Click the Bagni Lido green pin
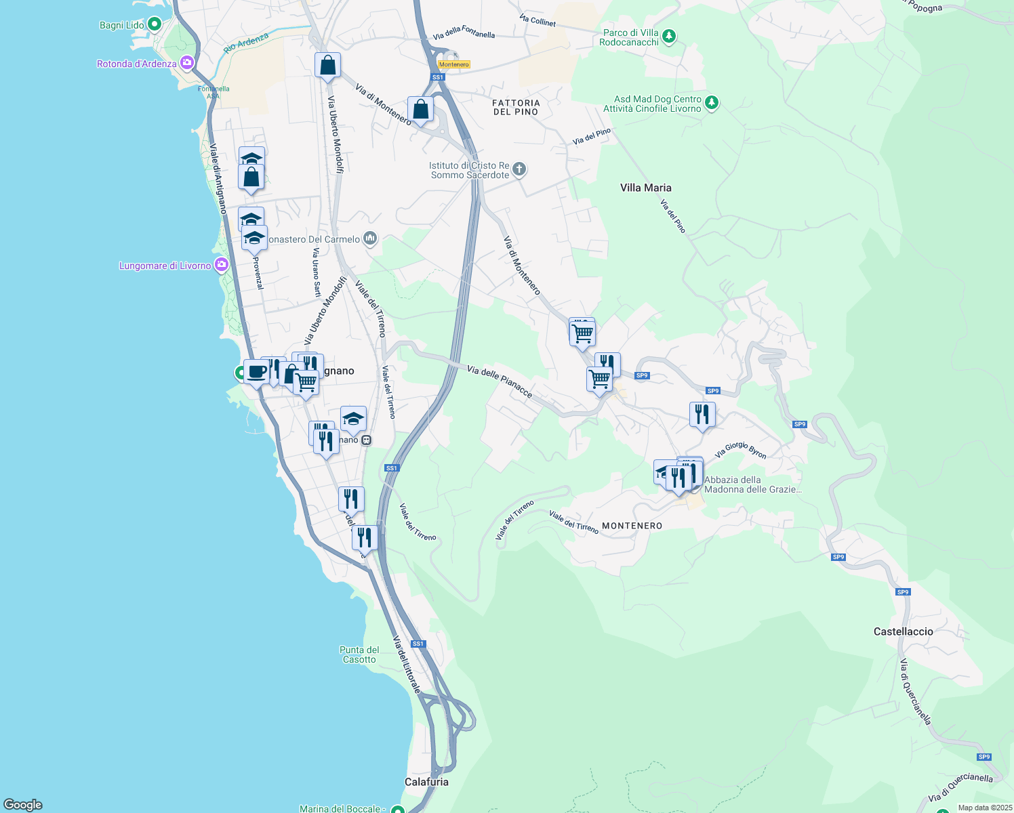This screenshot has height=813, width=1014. (154, 25)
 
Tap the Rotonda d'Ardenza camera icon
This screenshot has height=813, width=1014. (186, 64)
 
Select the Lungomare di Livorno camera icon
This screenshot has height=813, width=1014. (221, 265)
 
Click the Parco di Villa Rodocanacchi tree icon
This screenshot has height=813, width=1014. (669, 35)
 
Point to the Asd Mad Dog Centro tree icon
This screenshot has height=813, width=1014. (711, 102)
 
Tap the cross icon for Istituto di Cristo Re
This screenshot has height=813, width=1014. (519, 169)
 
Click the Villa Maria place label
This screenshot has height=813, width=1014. (645, 188)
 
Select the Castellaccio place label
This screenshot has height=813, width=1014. (903, 631)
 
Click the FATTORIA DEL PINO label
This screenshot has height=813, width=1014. (516, 107)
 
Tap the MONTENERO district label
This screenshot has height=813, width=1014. (632, 526)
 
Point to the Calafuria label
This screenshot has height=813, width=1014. (426, 782)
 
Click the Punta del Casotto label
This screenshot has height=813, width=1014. (359, 654)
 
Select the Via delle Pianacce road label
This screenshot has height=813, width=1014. (500, 381)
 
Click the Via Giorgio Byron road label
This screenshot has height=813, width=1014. (741, 450)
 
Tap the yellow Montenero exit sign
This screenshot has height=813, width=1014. (453, 64)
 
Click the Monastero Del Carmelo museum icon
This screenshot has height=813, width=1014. (370, 238)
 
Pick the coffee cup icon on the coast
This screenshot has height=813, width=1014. (256, 372)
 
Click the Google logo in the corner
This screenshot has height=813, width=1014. (23, 805)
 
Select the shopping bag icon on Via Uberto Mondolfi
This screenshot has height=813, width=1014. (327, 66)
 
